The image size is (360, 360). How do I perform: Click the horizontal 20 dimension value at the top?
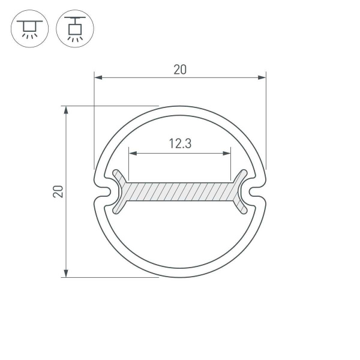[x=180, y=70]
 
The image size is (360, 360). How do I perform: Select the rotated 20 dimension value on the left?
[x=58, y=192]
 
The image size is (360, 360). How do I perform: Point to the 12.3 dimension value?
[x=180, y=144]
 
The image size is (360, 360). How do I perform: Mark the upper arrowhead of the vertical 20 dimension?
[x=66, y=110]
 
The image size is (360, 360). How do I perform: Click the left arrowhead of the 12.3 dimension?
[x=133, y=154]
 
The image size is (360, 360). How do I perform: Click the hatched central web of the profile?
[x=180, y=192]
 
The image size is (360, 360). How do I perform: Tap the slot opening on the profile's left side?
[x=103, y=192]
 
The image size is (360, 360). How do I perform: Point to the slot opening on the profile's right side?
[x=257, y=192]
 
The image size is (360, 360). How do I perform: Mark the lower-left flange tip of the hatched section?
[x=116, y=210]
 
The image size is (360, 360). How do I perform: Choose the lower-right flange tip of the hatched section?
[x=244, y=210]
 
